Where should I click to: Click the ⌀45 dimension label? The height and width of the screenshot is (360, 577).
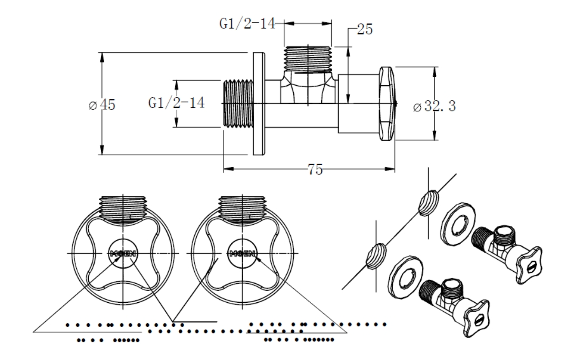pos(102,105)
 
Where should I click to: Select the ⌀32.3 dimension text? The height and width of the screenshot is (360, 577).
pos(434,107)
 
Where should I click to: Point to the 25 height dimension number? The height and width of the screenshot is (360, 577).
pos(364,30)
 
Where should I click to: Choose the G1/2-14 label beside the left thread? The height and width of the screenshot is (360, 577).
pos(176,103)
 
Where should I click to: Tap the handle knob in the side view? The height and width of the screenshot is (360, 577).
pos(387,104)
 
